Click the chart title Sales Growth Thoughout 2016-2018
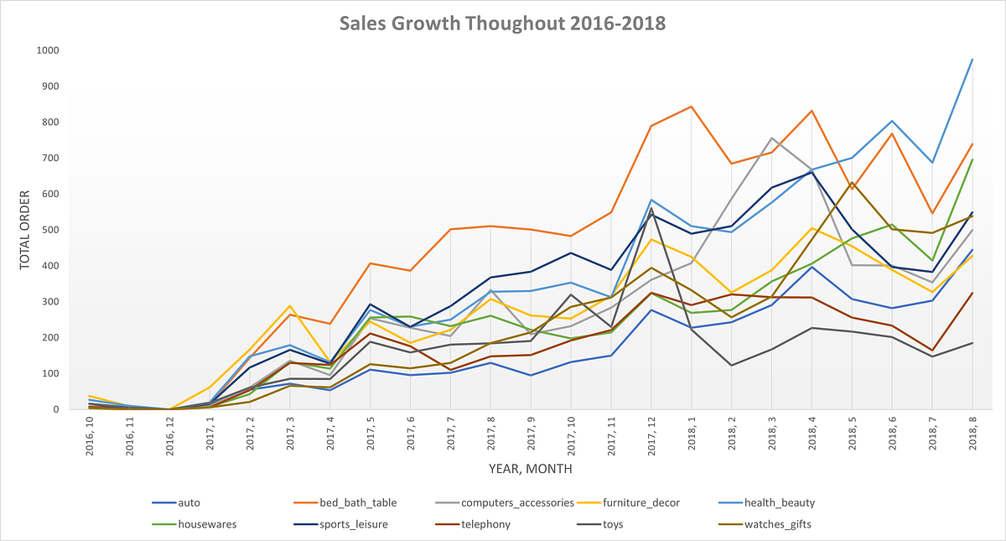(x=502, y=23)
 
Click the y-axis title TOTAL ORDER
(x=24, y=230)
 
